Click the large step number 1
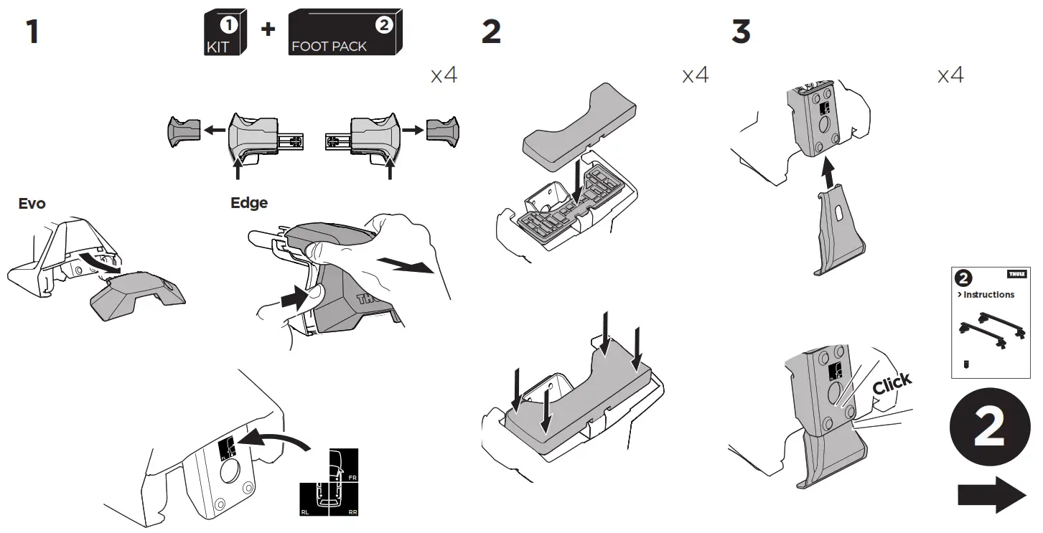coord(32,33)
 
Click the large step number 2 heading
coord(491,33)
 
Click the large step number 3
coord(740,33)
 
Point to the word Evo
coord(32,204)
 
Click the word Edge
coord(248,203)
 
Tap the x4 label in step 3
coord(950,75)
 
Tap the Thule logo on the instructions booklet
coord(1016,274)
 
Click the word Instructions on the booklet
coord(988,295)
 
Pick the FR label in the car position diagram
coord(352,476)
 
